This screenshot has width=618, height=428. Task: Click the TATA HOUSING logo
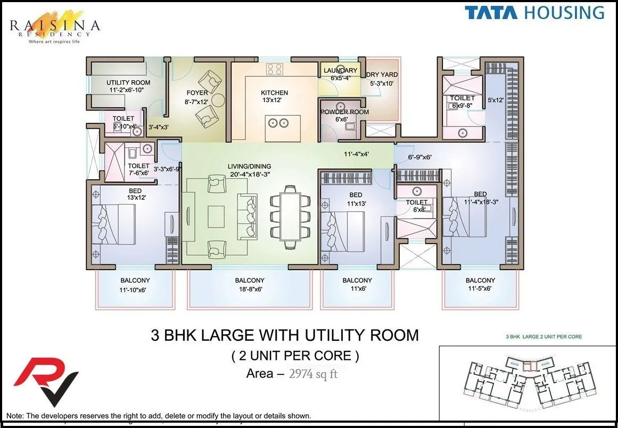click(x=534, y=13)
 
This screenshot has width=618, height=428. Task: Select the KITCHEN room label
click(x=274, y=93)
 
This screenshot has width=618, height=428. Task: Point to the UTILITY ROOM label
click(x=128, y=82)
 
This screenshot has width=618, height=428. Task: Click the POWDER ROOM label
click(x=344, y=112)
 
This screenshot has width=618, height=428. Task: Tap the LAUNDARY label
click(x=341, y=71)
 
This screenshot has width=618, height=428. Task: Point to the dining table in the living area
click(x=290, y=216)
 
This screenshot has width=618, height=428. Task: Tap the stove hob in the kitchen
click(x=275, y=69)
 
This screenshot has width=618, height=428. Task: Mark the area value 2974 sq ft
click(x=313, y=374)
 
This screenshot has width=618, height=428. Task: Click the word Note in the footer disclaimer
click(x=14, y=416)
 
